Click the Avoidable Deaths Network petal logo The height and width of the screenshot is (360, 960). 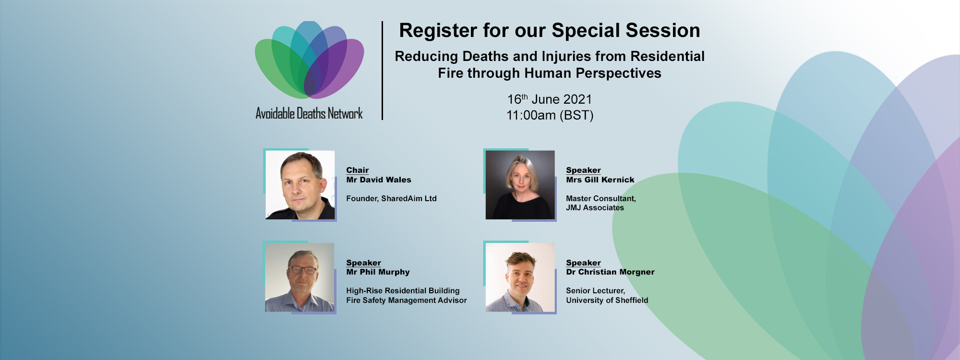coord(310,60)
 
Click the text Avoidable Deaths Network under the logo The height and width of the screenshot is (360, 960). coord(309,114)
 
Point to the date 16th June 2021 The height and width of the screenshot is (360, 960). coord(550,99)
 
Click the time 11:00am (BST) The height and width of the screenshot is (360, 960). coord(550,115)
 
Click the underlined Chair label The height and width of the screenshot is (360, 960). coord(358,170)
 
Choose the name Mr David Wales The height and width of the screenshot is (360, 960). coord(379,180)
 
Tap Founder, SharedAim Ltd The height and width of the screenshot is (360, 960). coord(392,198)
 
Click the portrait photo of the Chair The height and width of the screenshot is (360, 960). coord(300,185)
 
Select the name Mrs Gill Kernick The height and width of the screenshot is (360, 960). coord(600,180)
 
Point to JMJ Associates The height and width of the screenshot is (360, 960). coord(595,208)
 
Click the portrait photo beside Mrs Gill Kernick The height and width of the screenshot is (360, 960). coord(520,185)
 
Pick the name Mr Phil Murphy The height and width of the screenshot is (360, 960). coord(378,272)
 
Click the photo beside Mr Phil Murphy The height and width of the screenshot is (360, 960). coord(300,277)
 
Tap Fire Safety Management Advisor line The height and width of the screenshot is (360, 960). coord(407,300)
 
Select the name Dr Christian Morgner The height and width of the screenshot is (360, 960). coord(610,272)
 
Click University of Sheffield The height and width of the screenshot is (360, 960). coord(607,300)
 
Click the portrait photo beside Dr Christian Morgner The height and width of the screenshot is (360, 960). coord(520,277)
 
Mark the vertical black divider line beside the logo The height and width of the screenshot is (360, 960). coord(382,71)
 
